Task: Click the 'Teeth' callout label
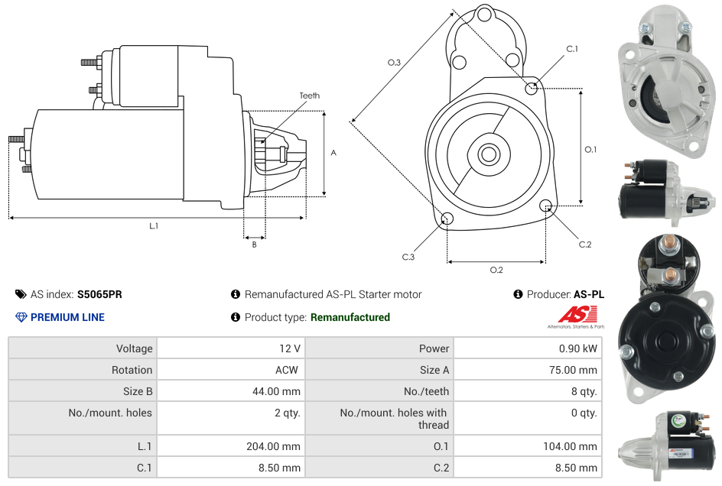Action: (309, 96)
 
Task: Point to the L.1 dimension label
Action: (154, 225)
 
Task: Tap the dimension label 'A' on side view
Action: (333, 153)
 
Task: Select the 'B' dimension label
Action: (254, 245)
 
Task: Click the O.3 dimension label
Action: (395, 63)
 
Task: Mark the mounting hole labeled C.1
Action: (532, 88)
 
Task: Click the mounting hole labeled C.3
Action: (447, 219)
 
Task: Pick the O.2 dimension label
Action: (496, 270)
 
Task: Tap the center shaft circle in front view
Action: (488, 154)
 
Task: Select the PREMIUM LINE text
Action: (67, 317)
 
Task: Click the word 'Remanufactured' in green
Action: (350, 317)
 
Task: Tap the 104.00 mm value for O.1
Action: (573, 446)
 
